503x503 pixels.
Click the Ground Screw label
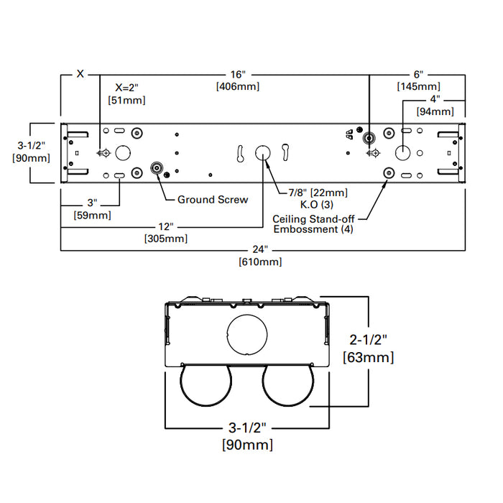coord(213,199)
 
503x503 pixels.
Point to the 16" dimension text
coord(239,74)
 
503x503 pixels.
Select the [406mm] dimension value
coord(239,86)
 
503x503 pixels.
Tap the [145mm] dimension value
coord(417,86)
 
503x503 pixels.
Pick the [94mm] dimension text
coord(435,111)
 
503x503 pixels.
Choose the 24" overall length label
coord(260,249)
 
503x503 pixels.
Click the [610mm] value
coord(260,262)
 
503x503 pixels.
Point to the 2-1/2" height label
coord(368,339)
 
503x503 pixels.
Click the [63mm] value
coord(369,356)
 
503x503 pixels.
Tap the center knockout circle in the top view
coord(263,152)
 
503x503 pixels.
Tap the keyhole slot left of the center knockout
coord(240,153)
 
